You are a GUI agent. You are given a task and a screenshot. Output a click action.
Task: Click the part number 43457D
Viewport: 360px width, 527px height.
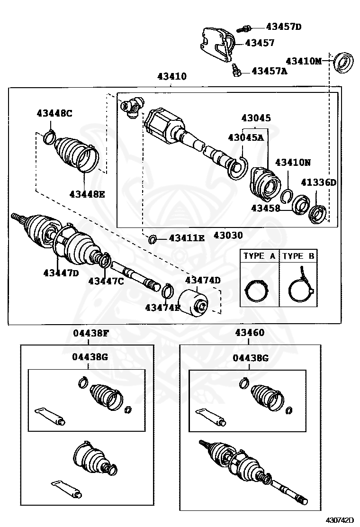coord(283,27)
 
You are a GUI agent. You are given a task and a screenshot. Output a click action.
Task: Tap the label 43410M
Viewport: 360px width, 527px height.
coord(303,61)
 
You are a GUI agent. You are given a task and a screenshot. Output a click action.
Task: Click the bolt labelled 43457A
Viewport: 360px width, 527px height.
coord(236,71)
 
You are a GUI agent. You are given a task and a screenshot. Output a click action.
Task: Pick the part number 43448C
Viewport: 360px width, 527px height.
coord(54,113)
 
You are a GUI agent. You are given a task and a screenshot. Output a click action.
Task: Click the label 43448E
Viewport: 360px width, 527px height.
coord(87,193)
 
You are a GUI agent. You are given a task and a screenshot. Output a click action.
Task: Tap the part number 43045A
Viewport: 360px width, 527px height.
coord(245,137)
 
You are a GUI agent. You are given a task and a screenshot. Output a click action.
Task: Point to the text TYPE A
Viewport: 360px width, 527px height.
coord(259,256)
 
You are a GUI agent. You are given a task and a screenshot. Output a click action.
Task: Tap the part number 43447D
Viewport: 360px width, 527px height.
coord(61,273)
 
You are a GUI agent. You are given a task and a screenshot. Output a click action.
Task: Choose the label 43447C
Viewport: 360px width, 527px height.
coord(106,281)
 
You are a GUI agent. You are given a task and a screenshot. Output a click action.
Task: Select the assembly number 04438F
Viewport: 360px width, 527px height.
coord(91,333)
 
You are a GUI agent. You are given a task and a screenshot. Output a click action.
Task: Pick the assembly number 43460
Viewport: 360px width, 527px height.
coord(250,333)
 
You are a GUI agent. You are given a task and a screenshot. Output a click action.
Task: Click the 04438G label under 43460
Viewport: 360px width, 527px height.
coord(251,358)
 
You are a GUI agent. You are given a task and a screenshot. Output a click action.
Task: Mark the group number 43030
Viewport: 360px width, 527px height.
coord(228,235)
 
